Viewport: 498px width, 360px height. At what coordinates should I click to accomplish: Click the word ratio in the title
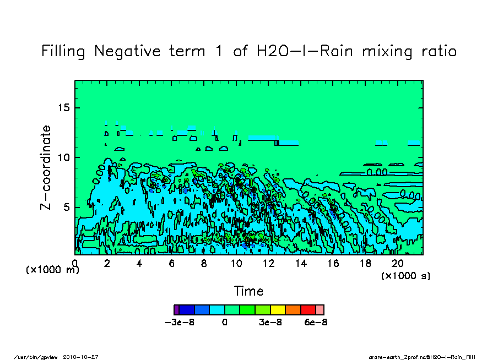[x=436, y=52]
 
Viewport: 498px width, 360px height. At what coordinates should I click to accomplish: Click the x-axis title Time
[x=248, y=291]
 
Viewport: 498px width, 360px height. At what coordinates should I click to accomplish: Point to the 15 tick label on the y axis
[x=64, y=107]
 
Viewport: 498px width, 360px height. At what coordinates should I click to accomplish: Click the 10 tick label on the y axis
[x=64, y=157]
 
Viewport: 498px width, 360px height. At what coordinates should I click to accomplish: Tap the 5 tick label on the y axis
[x=67, y=208]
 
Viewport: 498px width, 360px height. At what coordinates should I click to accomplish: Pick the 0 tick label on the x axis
[x=75, y=263]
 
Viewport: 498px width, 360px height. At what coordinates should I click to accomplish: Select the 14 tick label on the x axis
[x=301, y=263]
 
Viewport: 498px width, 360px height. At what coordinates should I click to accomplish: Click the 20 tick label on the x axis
[x=398, y=263]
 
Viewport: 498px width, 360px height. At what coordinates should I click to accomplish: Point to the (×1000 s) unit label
[x=405, y=276]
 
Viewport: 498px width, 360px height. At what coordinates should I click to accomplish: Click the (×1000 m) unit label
[x=53, y=270]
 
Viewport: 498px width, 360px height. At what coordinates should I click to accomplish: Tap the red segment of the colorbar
[x=307, y=310]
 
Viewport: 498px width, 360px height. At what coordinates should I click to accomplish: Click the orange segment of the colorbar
[x=293, y=310]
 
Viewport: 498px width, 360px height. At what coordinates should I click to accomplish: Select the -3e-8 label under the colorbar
[x=178, y=322]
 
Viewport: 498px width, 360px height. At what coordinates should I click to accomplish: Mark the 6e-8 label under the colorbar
[x=316, y=322]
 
